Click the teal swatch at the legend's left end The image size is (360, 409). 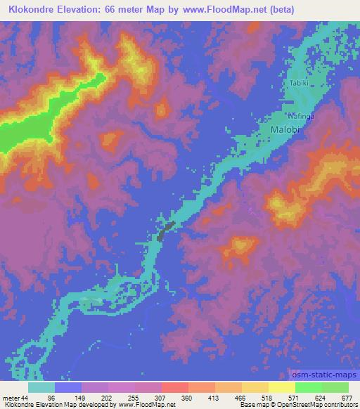tap(41, 387)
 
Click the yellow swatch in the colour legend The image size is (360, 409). tap(282, 387)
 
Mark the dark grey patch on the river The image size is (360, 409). tap(165, 231)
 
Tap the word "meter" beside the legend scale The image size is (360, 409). tap(11, 398)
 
